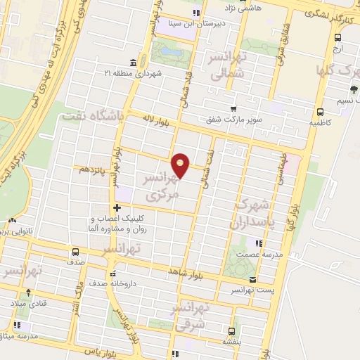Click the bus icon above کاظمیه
[321, 111]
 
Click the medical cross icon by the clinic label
[117, 207]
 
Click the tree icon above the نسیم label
[353, 89]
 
